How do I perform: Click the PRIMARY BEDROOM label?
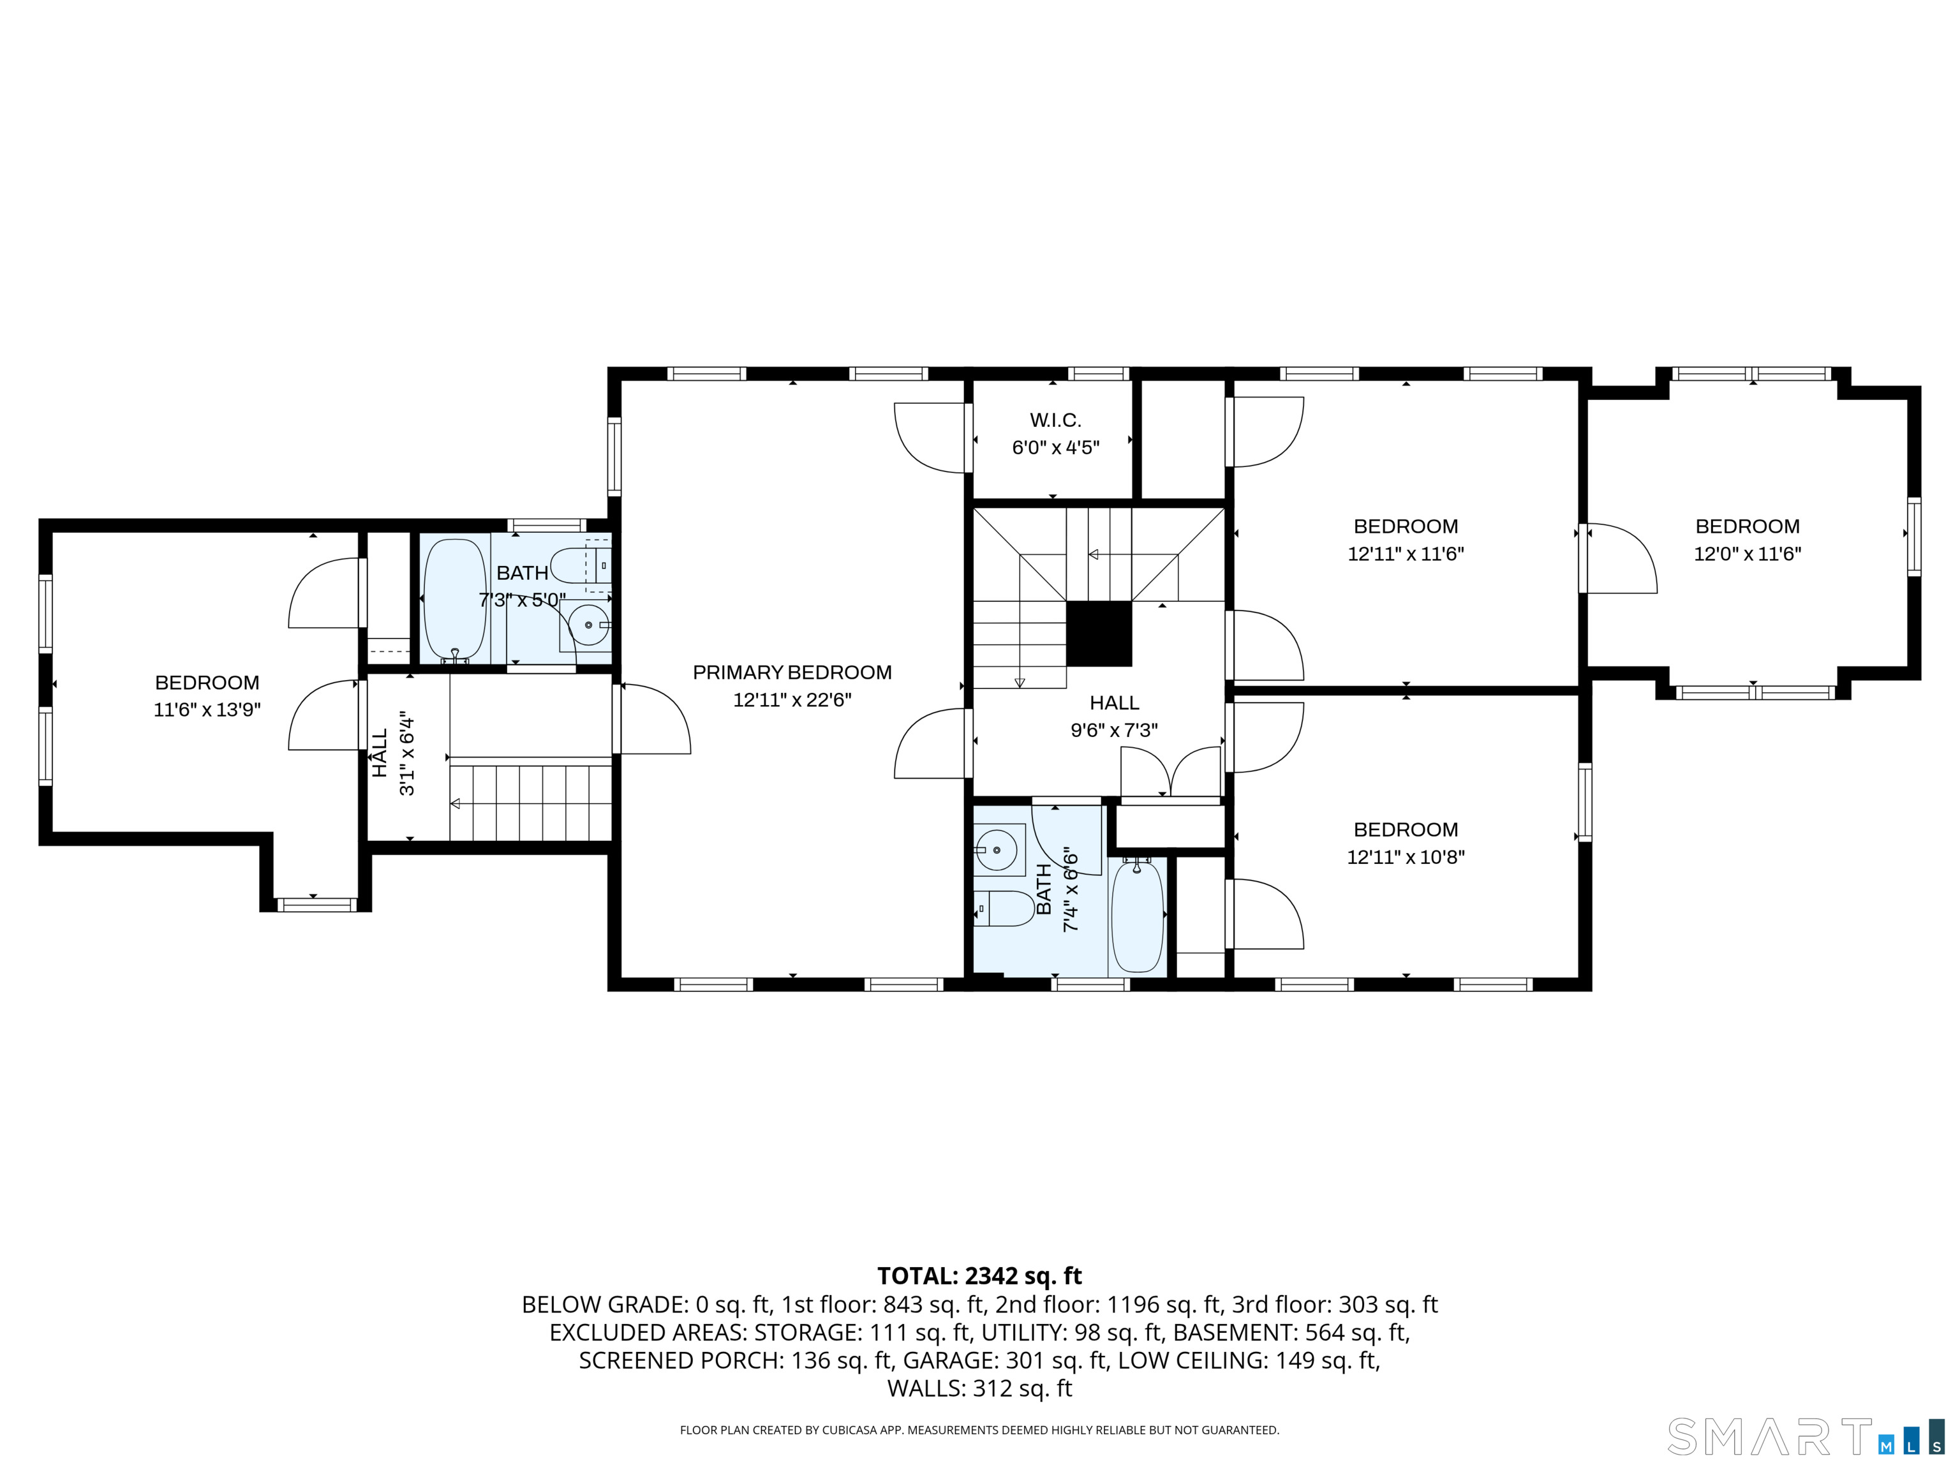pos(792,672)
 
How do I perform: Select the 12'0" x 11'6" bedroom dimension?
pos(1748,554)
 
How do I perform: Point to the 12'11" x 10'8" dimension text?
pos(1406,857)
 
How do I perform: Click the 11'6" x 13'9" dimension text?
pos(207,709)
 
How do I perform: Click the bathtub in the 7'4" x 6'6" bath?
pos(1137,916)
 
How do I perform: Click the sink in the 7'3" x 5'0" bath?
pos(586,625)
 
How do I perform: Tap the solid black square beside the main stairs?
pos(1099,634)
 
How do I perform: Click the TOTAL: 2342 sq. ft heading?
pos(979,1276)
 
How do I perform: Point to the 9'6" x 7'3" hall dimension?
pos(1114,730)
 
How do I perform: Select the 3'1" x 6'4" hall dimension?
pos(406,752)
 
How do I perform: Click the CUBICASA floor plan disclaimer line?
pos(979,1430)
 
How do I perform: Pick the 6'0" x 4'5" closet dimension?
pos(1055,447)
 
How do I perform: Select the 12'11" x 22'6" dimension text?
pos(792,700)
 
